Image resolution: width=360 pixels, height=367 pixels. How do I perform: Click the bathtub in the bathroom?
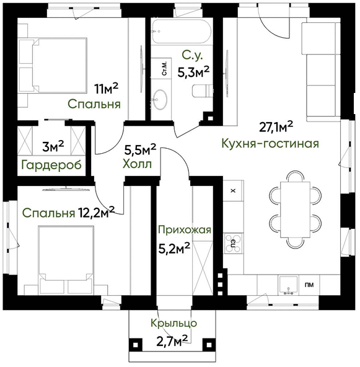(x=182, y=32)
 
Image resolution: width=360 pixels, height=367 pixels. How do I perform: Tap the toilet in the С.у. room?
(x=203, y=91)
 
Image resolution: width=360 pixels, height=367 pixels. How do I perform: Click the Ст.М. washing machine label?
(x=165, y=68)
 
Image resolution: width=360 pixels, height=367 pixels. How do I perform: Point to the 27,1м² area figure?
(x=276, y=127)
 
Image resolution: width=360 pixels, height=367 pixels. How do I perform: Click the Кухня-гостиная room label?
(x=270, y=143)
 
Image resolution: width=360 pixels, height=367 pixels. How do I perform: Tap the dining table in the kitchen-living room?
(x=296, y=210)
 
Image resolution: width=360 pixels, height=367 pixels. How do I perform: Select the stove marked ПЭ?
(x=233, y=244)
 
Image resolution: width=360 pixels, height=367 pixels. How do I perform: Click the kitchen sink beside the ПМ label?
(x=288, y=285)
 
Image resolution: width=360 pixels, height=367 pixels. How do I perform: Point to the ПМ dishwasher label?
(x=309, y=285)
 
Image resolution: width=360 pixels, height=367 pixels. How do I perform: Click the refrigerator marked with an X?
(x=233, y=190)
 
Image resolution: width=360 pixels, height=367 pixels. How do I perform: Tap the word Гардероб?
(x=51, y=166)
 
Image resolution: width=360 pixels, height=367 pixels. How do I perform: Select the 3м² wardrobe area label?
(x=53, y=147)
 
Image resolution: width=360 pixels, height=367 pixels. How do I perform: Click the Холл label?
(x=137, y=164)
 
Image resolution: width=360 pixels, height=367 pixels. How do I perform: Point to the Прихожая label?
(x=185, y=230)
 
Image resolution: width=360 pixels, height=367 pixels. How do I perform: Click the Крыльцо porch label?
(x=173, y=323)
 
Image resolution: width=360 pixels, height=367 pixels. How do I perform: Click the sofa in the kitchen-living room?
(x=321, y=69)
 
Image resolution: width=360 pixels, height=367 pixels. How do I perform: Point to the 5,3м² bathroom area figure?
(x=193, y=72)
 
